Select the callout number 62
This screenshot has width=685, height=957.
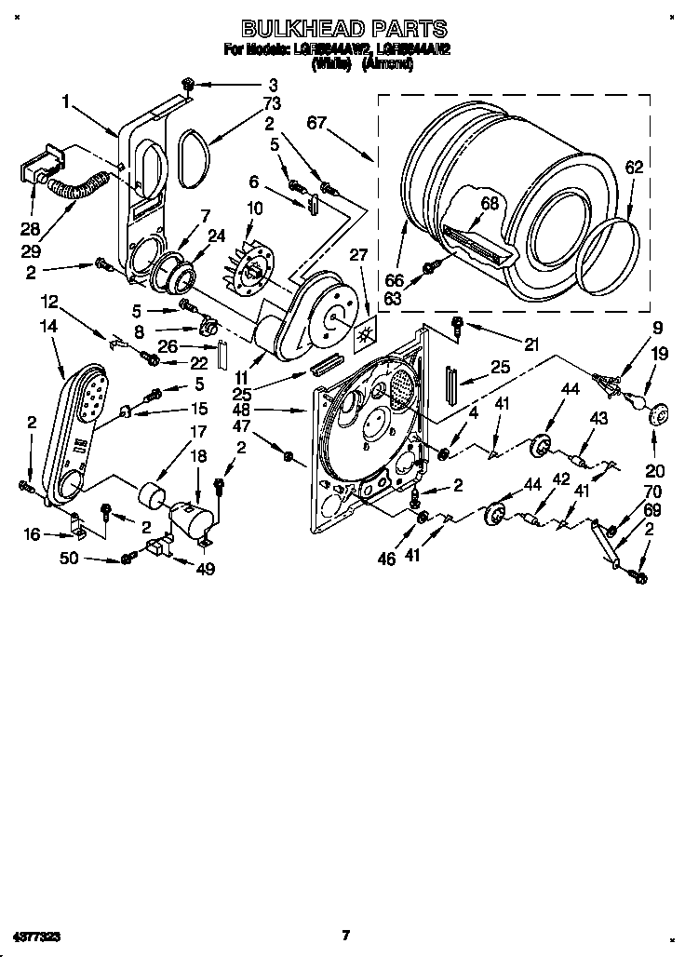pos(634,168)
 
